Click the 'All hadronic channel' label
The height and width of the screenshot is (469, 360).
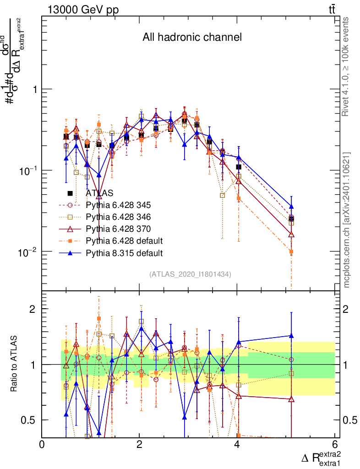point(192,37)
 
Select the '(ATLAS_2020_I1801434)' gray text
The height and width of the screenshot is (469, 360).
point(190,274)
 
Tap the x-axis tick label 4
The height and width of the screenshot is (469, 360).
point(237,444)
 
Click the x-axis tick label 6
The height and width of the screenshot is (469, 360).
point(335,444)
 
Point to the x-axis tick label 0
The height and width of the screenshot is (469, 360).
point(42,444)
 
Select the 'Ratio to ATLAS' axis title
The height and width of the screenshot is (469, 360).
point(15,365)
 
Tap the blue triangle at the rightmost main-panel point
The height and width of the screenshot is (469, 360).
point(291,207)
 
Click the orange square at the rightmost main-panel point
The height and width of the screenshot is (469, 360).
point(291,252)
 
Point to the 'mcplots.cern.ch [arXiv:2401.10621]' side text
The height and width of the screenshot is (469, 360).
point(347,220)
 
